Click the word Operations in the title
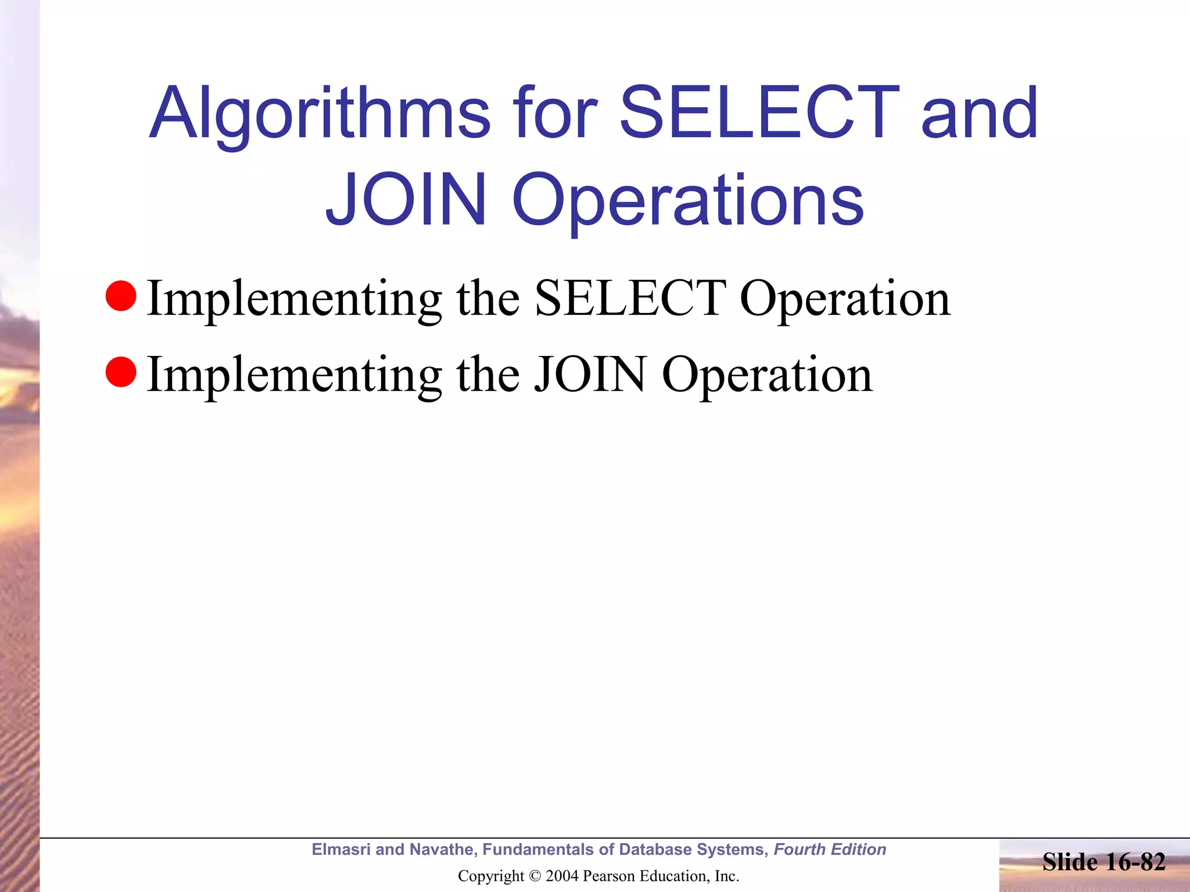pos(688,201)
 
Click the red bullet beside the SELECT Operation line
pos(121,296)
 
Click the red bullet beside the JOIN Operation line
pos(121,372)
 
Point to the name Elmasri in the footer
pos(340,850)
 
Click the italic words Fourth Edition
pos(830,850)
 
